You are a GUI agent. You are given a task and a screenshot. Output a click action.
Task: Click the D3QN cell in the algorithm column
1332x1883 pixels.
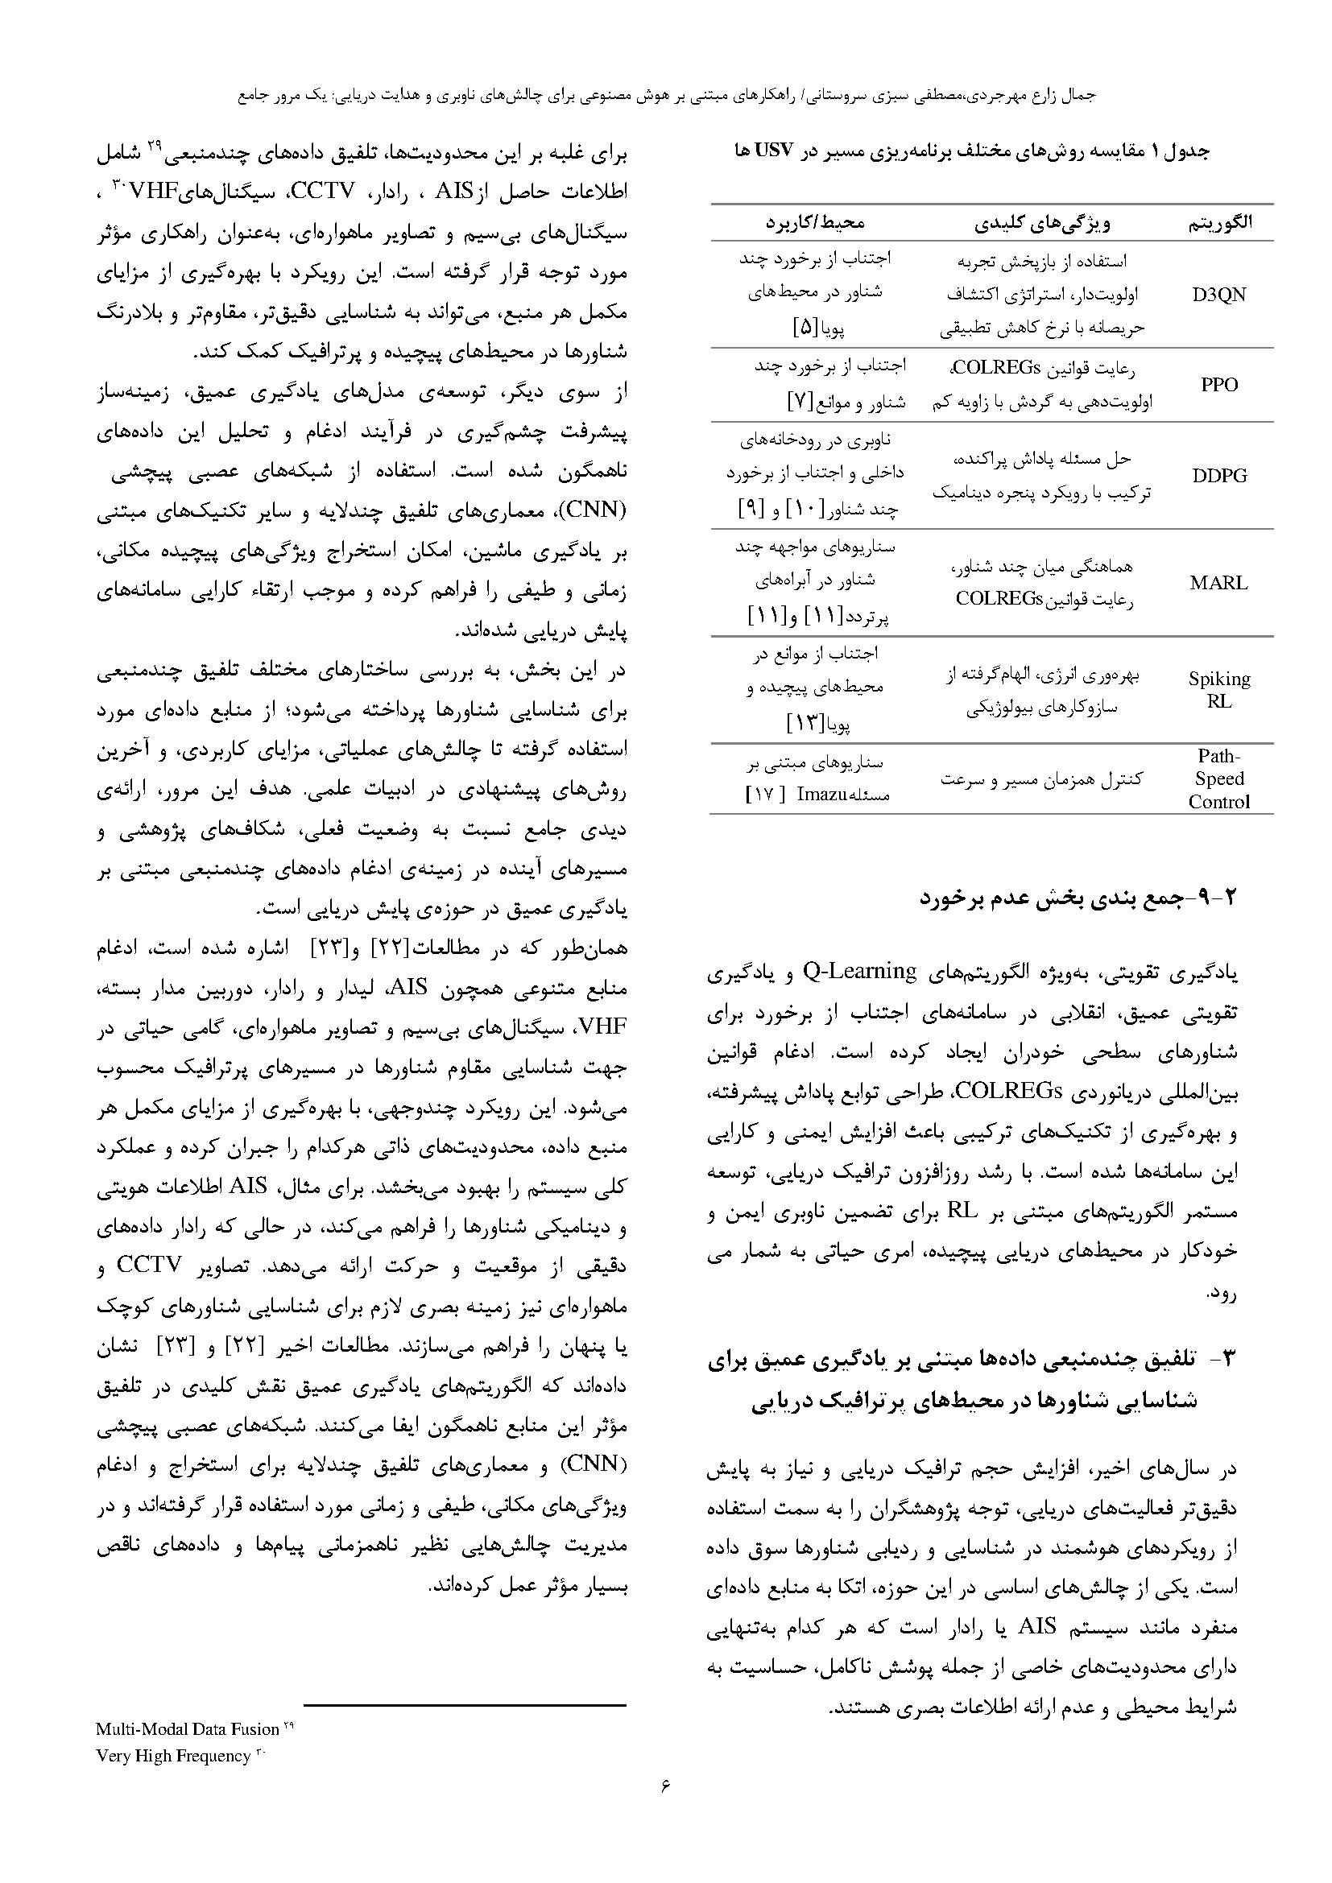pyautogui.click(x=1218, y=295)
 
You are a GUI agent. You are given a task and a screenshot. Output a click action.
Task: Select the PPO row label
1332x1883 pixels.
pyautogui.click(x=1218, y=384)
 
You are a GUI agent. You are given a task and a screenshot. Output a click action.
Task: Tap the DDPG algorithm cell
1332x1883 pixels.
pyautogui.click(x=1218, y=475)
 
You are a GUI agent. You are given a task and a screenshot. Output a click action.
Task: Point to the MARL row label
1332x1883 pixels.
pyautogui.click(x=1218, y=582)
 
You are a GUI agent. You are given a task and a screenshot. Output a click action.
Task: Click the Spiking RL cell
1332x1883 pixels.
pyautogui.click(x=1218, y=689)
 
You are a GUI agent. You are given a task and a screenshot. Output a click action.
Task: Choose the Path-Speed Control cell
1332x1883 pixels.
pyautogui.click(x=1218, y=778)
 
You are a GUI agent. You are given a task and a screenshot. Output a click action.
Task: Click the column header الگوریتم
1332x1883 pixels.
pyautogui.click(x=1219, y=223)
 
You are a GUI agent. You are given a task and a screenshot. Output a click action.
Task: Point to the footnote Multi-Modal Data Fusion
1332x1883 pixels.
pyautogui.click(x=188, y=1729)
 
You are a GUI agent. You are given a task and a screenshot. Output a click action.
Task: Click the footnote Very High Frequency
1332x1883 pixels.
pyautogui.click(x=173, y=1756)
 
